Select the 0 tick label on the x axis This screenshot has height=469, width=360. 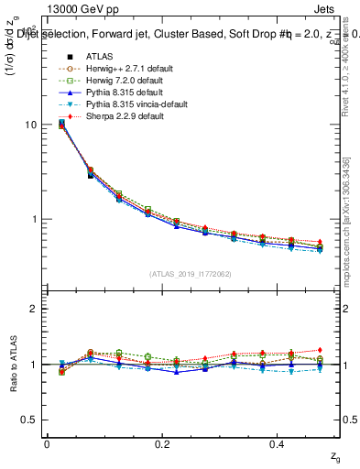(x=47, y=444)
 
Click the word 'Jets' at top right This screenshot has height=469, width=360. (x=336, y=8)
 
